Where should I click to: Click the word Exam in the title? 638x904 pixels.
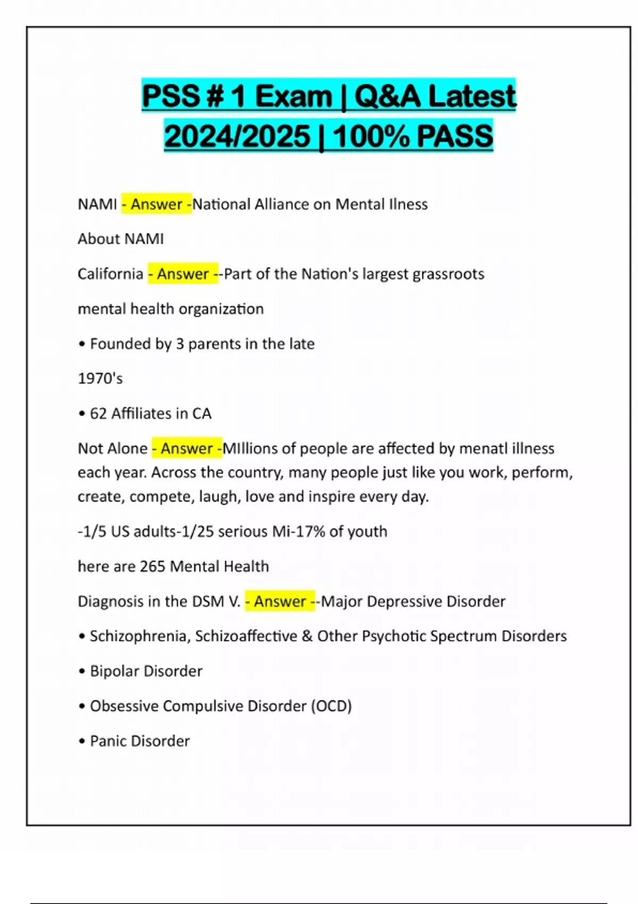point(293,96)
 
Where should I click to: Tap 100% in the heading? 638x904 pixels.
point(372,136)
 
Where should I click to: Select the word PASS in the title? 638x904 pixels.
point(455,136)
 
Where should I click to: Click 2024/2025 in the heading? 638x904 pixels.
point(237,136)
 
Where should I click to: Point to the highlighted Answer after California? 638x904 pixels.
point(183,274)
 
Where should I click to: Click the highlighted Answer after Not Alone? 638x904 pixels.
point(187,448)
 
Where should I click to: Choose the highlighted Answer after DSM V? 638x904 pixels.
point(280,601)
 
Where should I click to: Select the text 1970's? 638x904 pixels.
point(100,379)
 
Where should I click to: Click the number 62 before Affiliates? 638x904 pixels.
point(98,413)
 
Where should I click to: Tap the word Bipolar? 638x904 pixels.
point(113,671)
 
